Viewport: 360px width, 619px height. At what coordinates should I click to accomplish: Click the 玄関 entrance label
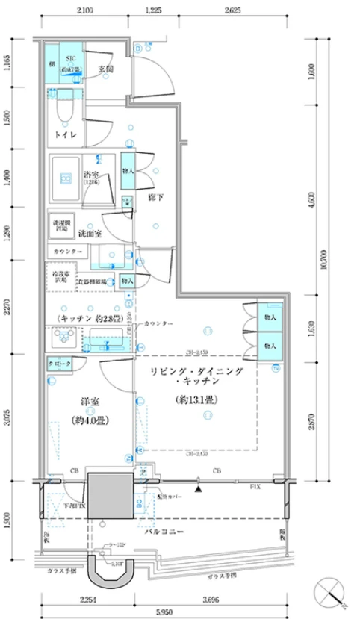(x=105, y=69)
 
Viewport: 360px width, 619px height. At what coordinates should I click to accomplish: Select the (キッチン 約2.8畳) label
(x=84, y=317)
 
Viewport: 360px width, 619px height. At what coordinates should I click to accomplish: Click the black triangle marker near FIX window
(x=197, y=489)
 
